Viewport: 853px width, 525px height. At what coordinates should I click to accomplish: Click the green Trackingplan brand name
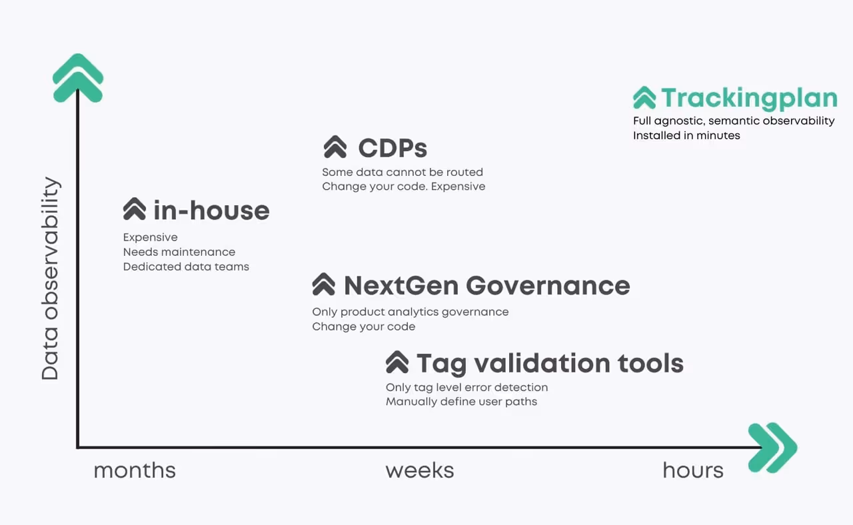[749, 98]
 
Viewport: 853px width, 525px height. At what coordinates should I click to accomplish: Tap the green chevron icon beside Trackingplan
[644, 98]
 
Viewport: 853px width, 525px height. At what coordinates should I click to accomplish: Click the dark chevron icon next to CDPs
[335, 147]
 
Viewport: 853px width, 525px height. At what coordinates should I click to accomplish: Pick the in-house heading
[211, 211]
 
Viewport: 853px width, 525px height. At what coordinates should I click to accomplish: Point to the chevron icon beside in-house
[135, 209]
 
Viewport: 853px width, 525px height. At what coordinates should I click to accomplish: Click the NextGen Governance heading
[486, 286]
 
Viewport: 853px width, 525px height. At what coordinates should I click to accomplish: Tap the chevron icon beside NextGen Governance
[324, 284]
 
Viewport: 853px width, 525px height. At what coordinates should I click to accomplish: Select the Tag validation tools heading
[550, 364]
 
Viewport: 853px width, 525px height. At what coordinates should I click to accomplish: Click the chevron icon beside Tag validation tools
[397, 362]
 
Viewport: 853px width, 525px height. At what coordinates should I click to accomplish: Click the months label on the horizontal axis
[135, 470]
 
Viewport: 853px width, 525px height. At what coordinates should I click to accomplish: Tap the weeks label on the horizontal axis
[420, 470]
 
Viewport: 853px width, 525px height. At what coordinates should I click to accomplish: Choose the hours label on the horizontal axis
[693, 470]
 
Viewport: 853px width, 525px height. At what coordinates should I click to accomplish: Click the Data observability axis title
[51, 278]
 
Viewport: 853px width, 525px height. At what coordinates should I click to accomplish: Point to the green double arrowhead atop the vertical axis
[78, 78]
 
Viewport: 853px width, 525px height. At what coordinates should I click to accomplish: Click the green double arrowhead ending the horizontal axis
[772, 448]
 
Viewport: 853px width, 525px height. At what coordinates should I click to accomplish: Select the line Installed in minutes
[686, 135]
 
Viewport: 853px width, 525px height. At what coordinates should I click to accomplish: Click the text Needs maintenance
[179, 252]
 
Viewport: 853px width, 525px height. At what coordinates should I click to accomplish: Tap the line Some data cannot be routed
[403, 172]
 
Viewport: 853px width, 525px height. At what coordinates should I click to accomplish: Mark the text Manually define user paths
[461, 402]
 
